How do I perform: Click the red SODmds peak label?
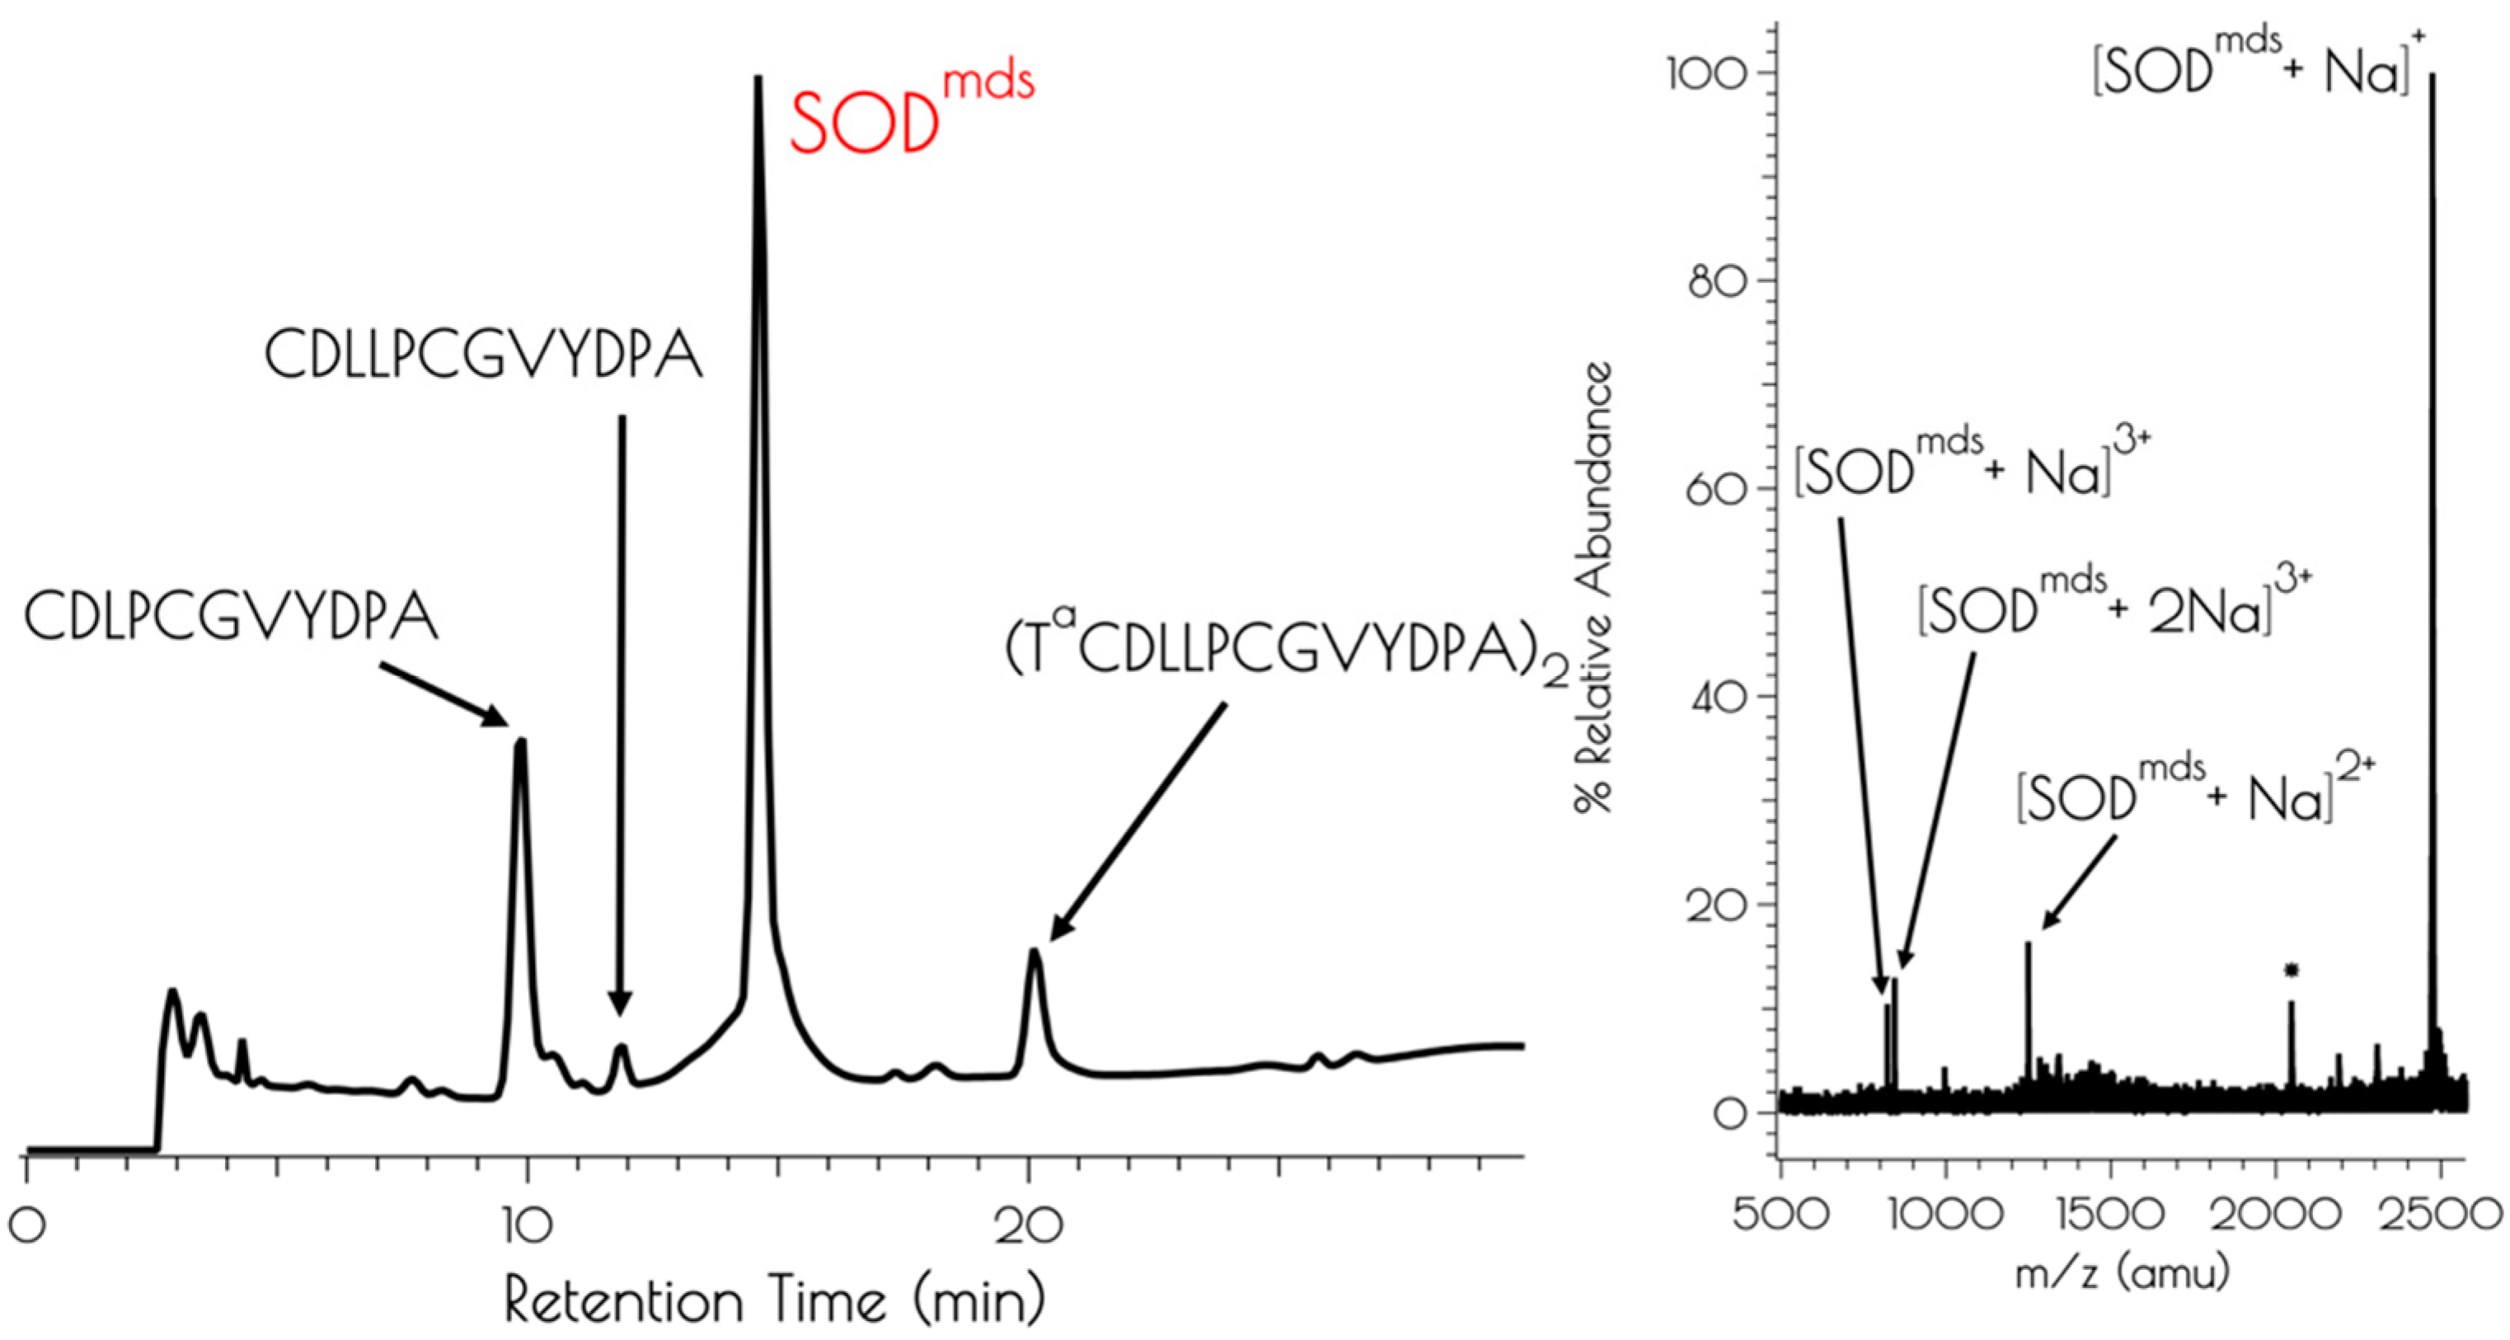tap(910, 112)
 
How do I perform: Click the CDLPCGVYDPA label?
tap(231, 618)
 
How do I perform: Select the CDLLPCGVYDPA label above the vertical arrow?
tap(483, 355)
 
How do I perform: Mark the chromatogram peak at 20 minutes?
tap(1034, 953)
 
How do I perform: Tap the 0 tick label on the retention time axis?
tap(28, 1226)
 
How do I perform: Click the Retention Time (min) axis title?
tap(775, 1301)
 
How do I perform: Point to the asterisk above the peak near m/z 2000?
tap(2292, 970)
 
